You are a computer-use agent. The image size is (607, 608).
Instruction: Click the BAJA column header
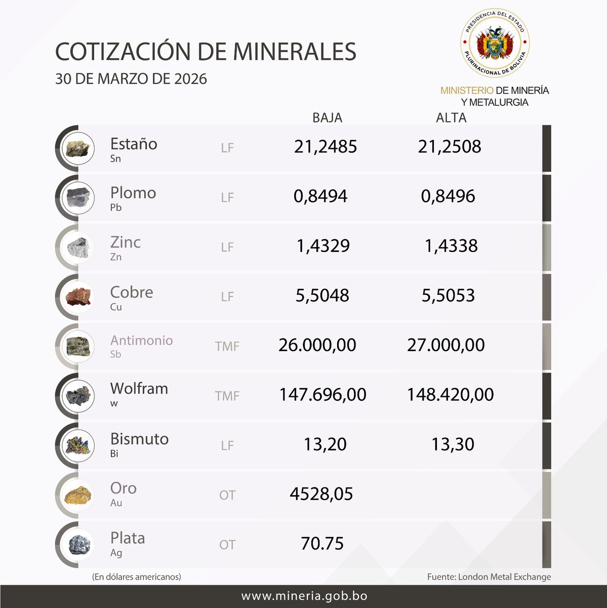(327, 118)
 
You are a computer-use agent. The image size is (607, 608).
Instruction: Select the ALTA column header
(451, 118)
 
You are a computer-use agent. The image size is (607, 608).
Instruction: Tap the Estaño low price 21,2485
(326, 147)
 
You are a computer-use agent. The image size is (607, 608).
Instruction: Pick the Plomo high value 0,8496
(448, 196)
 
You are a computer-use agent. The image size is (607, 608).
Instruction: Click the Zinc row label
(125, 242)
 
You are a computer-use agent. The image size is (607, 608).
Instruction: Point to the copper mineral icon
(78, 296)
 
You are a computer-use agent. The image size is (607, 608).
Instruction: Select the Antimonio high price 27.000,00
(446, 345)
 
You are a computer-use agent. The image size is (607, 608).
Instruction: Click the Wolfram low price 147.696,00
(322, 395)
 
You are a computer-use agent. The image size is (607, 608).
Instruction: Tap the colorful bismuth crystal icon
(78, 445)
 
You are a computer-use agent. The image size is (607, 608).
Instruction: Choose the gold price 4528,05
(321, 494)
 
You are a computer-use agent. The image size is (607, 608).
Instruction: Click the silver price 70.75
(322, 544)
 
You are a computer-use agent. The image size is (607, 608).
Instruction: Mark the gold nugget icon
(78, 495)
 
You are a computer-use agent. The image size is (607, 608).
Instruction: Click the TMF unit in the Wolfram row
(227, 396)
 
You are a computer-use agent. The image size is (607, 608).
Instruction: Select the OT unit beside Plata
(227, 545)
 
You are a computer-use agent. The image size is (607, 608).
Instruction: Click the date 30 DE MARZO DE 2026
(131, 79)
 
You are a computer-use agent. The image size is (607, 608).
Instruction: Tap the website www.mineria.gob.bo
(304, 596)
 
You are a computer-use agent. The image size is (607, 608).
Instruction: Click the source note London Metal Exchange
(489, 577)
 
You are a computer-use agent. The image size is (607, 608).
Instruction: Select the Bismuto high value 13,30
(453, 444)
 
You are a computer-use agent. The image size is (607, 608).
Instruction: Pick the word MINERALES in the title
(295, 52)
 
